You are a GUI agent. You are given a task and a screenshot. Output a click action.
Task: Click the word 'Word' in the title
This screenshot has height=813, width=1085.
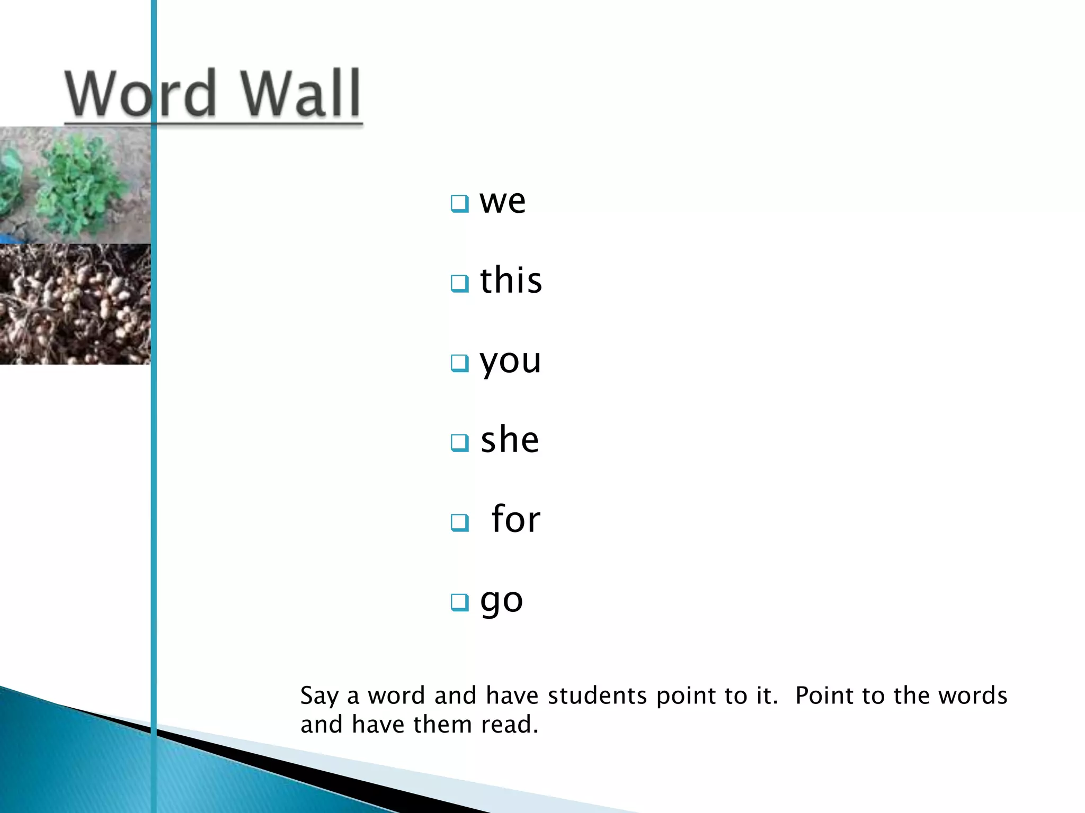[x=140, y=94]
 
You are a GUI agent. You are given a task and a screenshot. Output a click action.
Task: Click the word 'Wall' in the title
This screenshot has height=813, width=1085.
[x=301, y=94]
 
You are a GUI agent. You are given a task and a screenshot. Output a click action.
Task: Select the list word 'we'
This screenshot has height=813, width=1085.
[x=502, y=202]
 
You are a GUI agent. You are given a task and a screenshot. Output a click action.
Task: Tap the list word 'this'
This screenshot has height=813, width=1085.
[x=511, y=280]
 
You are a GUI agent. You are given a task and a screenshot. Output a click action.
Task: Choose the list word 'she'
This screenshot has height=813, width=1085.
[x=510, y=440]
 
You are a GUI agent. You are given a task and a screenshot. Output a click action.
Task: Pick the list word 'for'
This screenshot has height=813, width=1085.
[x=515, y=519]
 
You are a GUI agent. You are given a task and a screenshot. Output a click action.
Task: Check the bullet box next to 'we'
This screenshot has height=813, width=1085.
[x=459, y=203]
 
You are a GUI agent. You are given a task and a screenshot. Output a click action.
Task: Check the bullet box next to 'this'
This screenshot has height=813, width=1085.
[x=459, y=283]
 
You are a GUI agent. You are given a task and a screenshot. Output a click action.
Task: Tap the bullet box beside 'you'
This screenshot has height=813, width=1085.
[x=459, y=363]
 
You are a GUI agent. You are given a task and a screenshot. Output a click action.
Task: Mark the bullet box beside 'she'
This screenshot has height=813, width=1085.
[x=459, y=442]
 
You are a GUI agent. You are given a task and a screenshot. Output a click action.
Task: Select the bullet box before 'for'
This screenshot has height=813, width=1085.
[x=459, y=522]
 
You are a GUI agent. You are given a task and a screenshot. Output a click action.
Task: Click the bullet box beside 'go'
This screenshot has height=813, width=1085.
[x=459, y=602]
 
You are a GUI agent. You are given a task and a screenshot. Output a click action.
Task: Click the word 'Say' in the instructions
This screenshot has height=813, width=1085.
[x=319, y=696]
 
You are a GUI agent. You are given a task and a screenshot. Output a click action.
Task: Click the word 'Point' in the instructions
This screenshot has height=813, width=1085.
[x=823, y=696]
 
